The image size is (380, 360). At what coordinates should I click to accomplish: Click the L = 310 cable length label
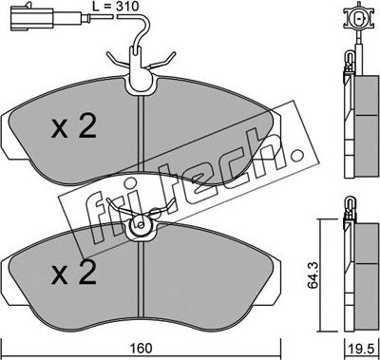(x=116, y=6)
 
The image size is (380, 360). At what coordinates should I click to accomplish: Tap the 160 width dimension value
(x=141, y=349)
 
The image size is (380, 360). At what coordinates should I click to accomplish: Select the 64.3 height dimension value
(x=313, y=276)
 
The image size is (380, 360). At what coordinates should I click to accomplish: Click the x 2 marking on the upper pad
(x=73, y=127)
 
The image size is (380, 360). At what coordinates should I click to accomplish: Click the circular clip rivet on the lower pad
(x=141, y=225)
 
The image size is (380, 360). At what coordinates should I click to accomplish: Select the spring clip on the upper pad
(x=142, y=62)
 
